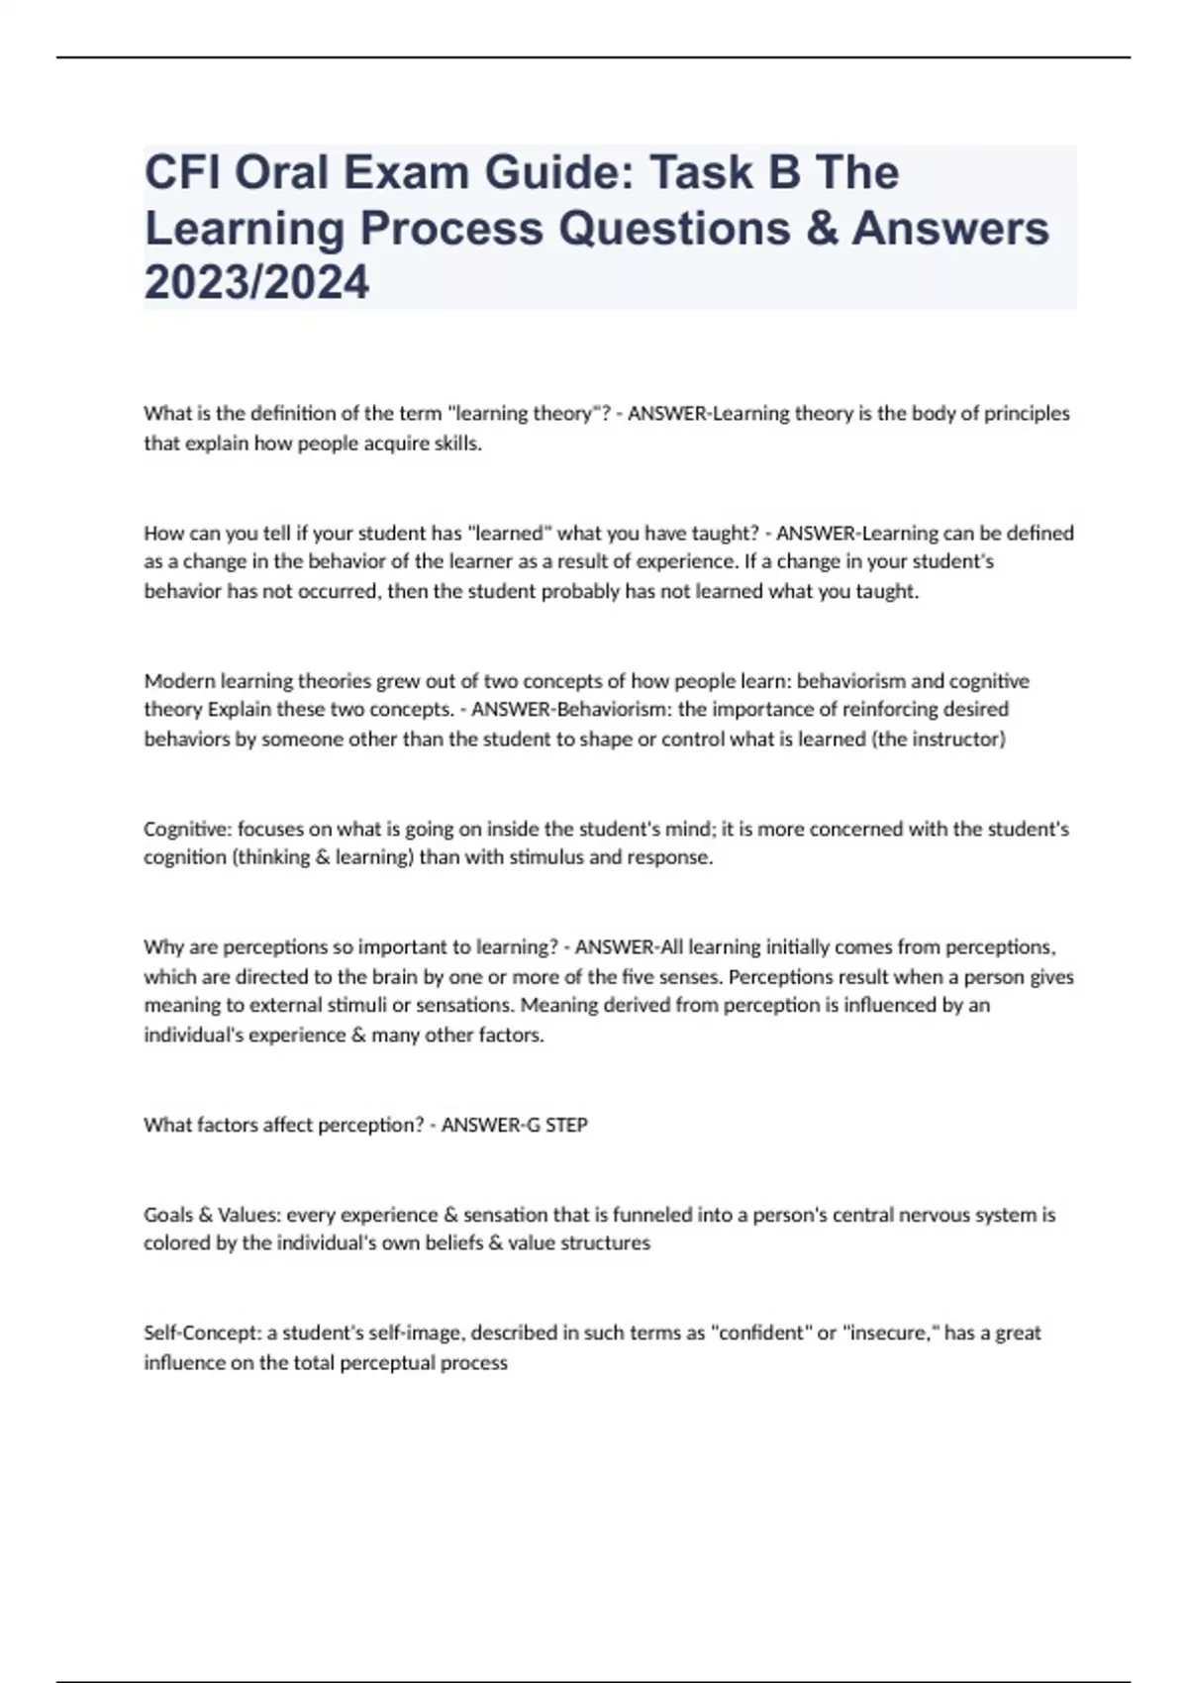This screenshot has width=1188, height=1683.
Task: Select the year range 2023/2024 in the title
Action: point(256,282)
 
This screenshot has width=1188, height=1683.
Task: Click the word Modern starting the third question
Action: point(179,681)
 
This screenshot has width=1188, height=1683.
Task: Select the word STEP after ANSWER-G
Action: point(566,1125)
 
